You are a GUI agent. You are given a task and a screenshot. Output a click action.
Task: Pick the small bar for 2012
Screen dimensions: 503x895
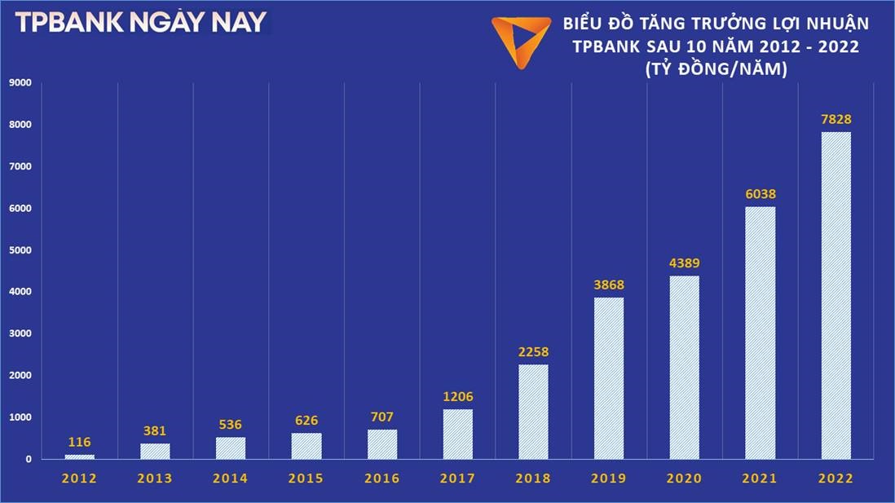pos(80,457)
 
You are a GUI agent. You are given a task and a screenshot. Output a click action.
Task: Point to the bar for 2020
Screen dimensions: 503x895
pos(685,367)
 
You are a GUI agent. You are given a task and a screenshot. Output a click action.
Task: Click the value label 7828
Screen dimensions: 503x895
pos(835,120)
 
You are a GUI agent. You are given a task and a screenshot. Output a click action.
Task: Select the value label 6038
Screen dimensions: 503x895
pos(761,195)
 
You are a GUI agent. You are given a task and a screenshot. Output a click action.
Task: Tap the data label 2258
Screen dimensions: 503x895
pos(533,352)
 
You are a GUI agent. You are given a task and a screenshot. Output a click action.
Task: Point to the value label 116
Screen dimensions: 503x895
pos(80,443)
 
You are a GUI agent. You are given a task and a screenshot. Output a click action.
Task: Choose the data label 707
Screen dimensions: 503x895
pos(382,417)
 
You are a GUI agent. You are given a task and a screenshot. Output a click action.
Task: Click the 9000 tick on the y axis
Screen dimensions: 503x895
pos(20,82)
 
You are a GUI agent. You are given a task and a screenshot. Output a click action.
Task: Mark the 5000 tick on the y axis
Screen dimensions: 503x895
pos(20,250)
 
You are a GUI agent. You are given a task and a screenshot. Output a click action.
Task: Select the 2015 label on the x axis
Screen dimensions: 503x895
pos(306,479)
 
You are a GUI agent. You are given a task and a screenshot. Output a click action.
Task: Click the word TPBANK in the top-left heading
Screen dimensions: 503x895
pos(66,23)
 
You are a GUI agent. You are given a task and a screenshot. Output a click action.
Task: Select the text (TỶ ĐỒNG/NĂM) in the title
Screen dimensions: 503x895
pos(715,71)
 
